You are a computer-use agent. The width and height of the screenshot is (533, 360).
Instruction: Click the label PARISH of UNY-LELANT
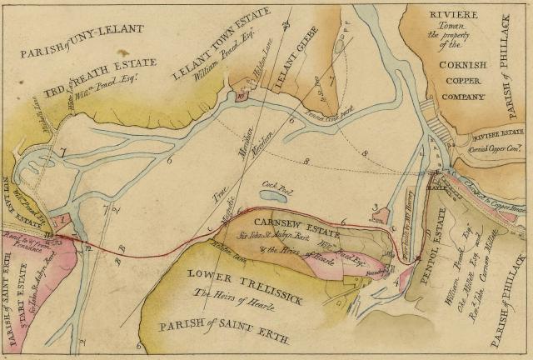pyautogui.click(x=80, y=38)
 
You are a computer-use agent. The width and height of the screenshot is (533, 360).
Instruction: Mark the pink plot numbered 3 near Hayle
pyautogui.click(x=380, y=216)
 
